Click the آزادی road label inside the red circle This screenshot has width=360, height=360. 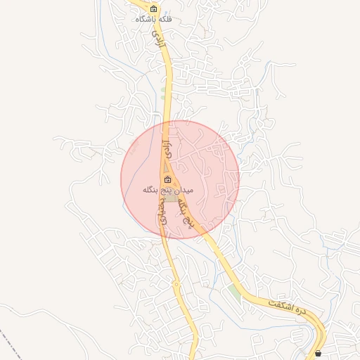coord(167,148)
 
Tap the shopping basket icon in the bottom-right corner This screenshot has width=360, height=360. coord(319,353)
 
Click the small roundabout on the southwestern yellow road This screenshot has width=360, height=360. coord(176,284)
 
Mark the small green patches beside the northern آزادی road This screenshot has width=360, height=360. coord(163,91)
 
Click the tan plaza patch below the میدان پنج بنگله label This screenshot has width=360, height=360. coord(172,198)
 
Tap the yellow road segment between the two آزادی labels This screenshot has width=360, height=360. coord(167,91)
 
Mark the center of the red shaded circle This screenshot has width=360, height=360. coord(180,179)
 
